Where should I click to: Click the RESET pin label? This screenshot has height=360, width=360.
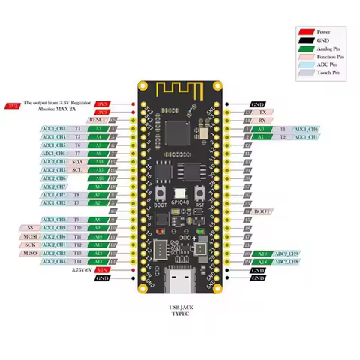(x=98, y=119)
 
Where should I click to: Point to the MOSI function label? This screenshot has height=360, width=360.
(x=30, y=236)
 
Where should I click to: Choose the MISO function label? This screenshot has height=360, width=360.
(x=30, y=253)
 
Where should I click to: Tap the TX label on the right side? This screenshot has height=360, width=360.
(x=262, y=112)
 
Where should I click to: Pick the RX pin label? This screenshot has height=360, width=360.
(x=262, y=120)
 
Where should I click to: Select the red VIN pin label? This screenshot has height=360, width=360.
(x=103, y=269)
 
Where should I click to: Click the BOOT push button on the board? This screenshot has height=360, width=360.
(x=159, y=194)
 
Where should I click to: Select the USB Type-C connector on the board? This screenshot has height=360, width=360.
(x=180, y=280)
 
